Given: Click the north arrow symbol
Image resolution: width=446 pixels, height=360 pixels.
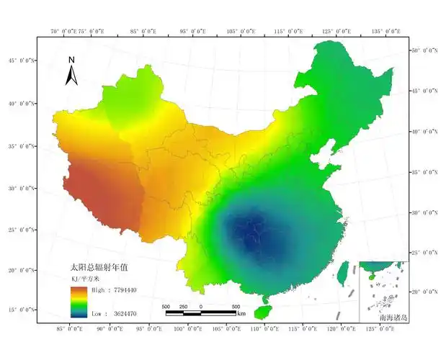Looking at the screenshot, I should click(x=71, y=75).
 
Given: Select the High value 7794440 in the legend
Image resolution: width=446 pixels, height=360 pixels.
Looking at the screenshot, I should click(x=115, y=289).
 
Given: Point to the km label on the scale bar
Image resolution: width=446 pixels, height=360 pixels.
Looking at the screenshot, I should click(x=241, y=315).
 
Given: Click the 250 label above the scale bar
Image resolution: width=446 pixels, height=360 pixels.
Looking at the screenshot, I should click(x=183, y=307).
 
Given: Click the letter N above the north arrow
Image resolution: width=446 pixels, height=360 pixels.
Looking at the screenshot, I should click(x=71, y=60).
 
